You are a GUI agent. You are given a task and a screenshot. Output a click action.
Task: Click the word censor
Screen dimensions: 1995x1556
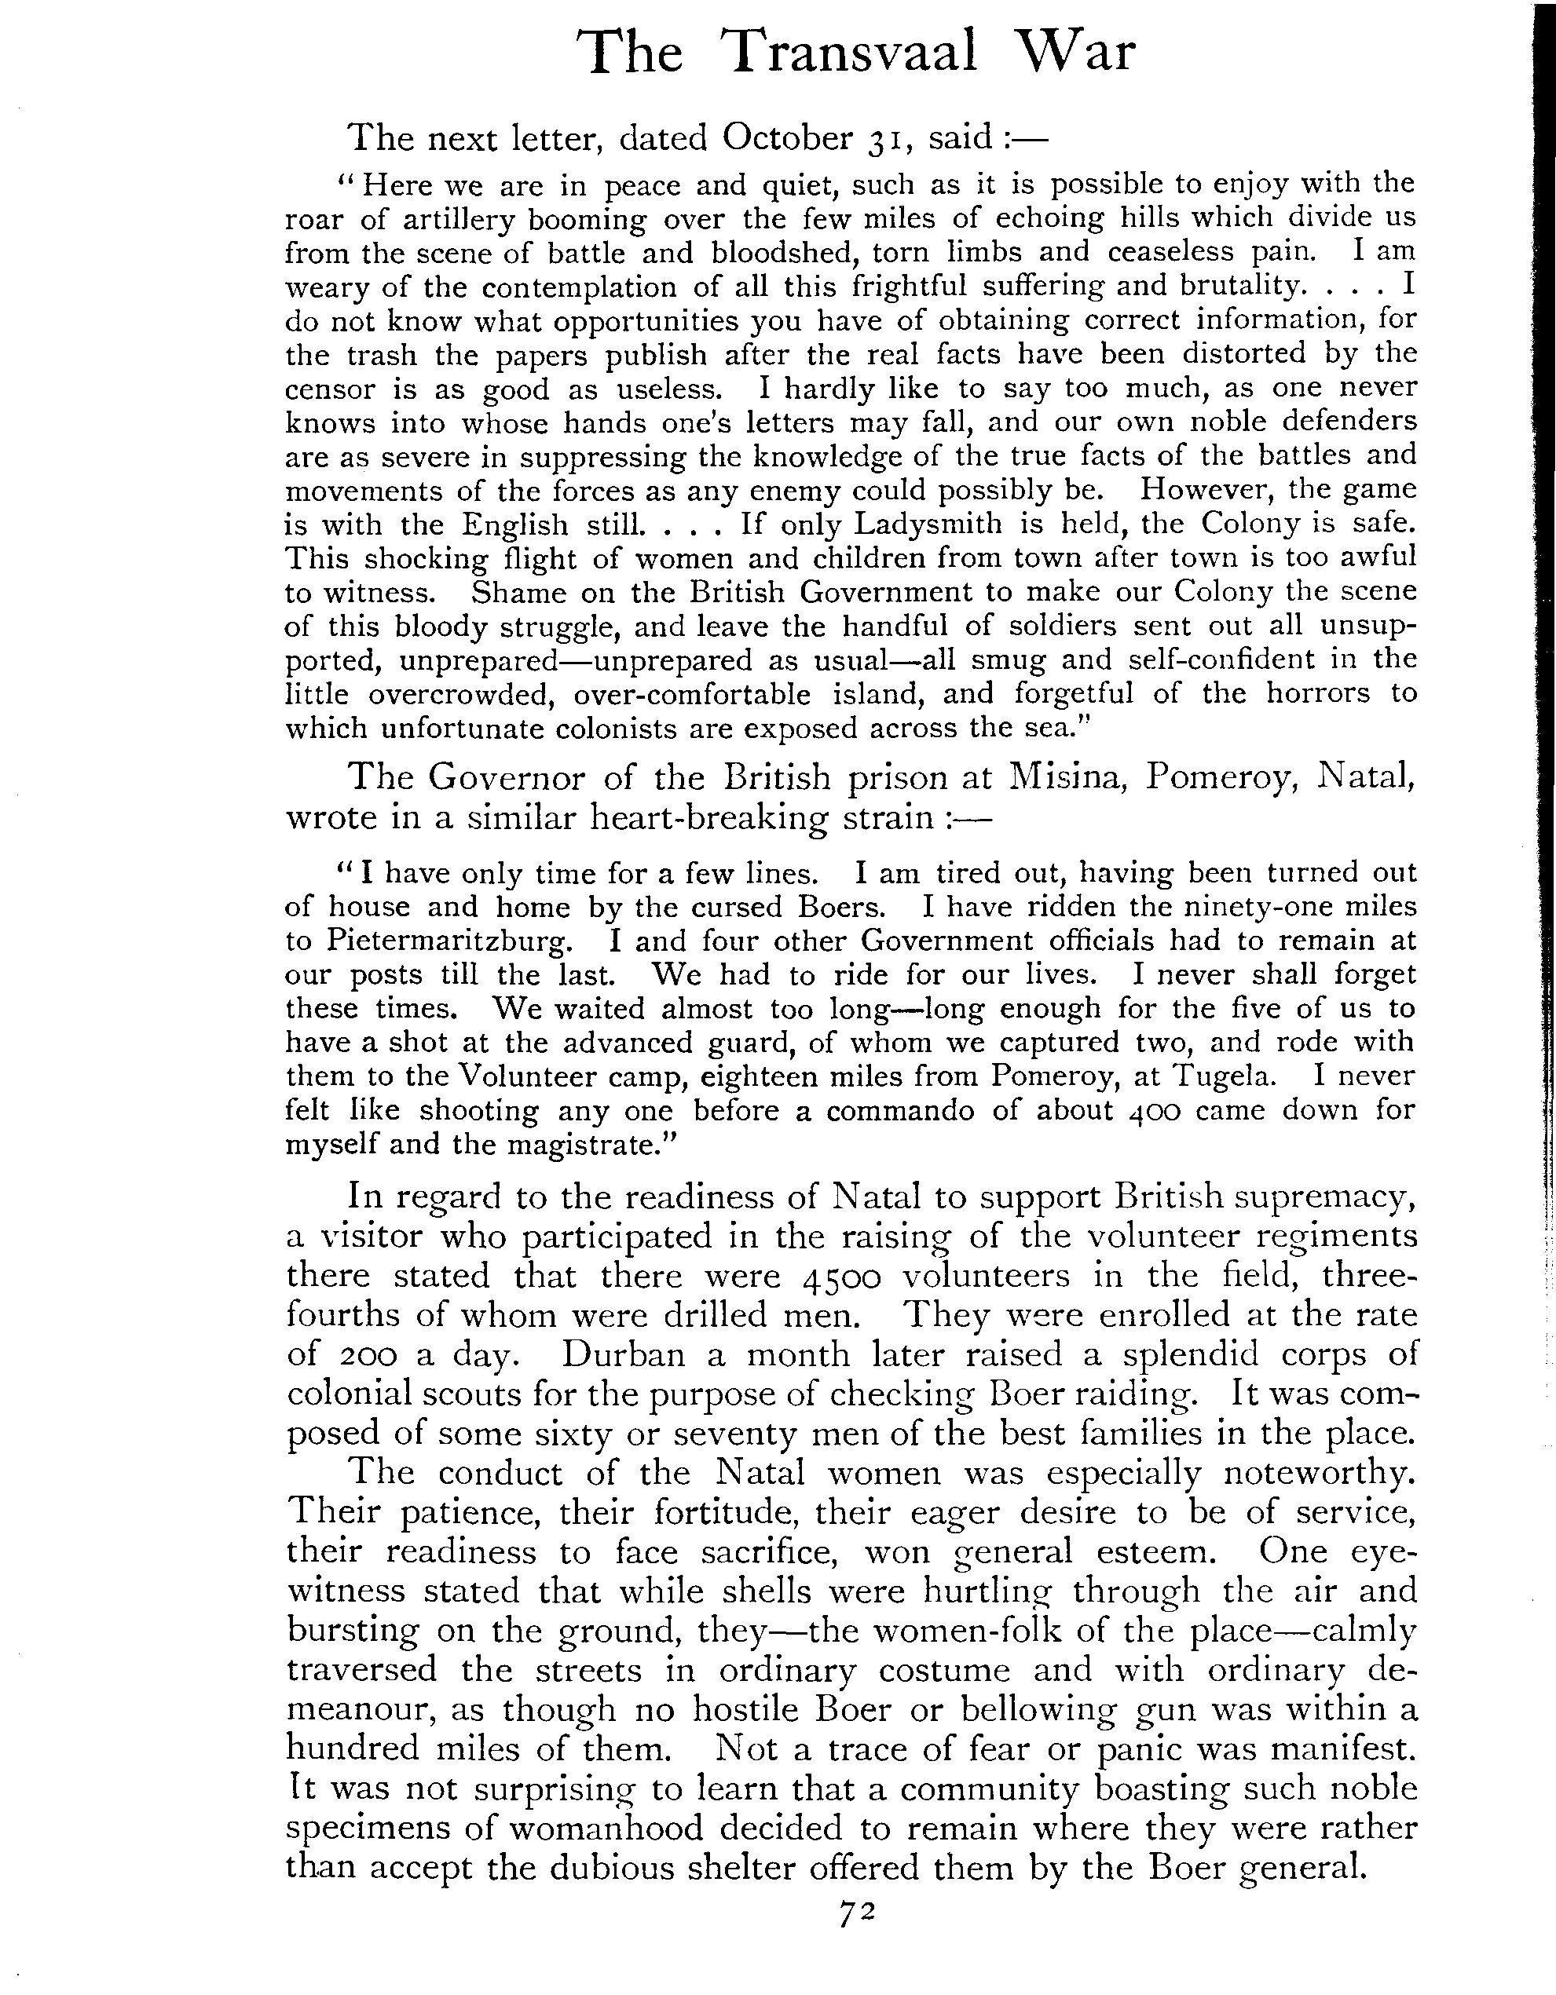tap(330, 390)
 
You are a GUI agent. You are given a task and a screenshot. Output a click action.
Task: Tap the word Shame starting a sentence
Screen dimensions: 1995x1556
tap(519, 593)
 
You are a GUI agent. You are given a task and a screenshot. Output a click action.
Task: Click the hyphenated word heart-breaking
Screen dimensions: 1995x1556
tap(710, 817)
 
